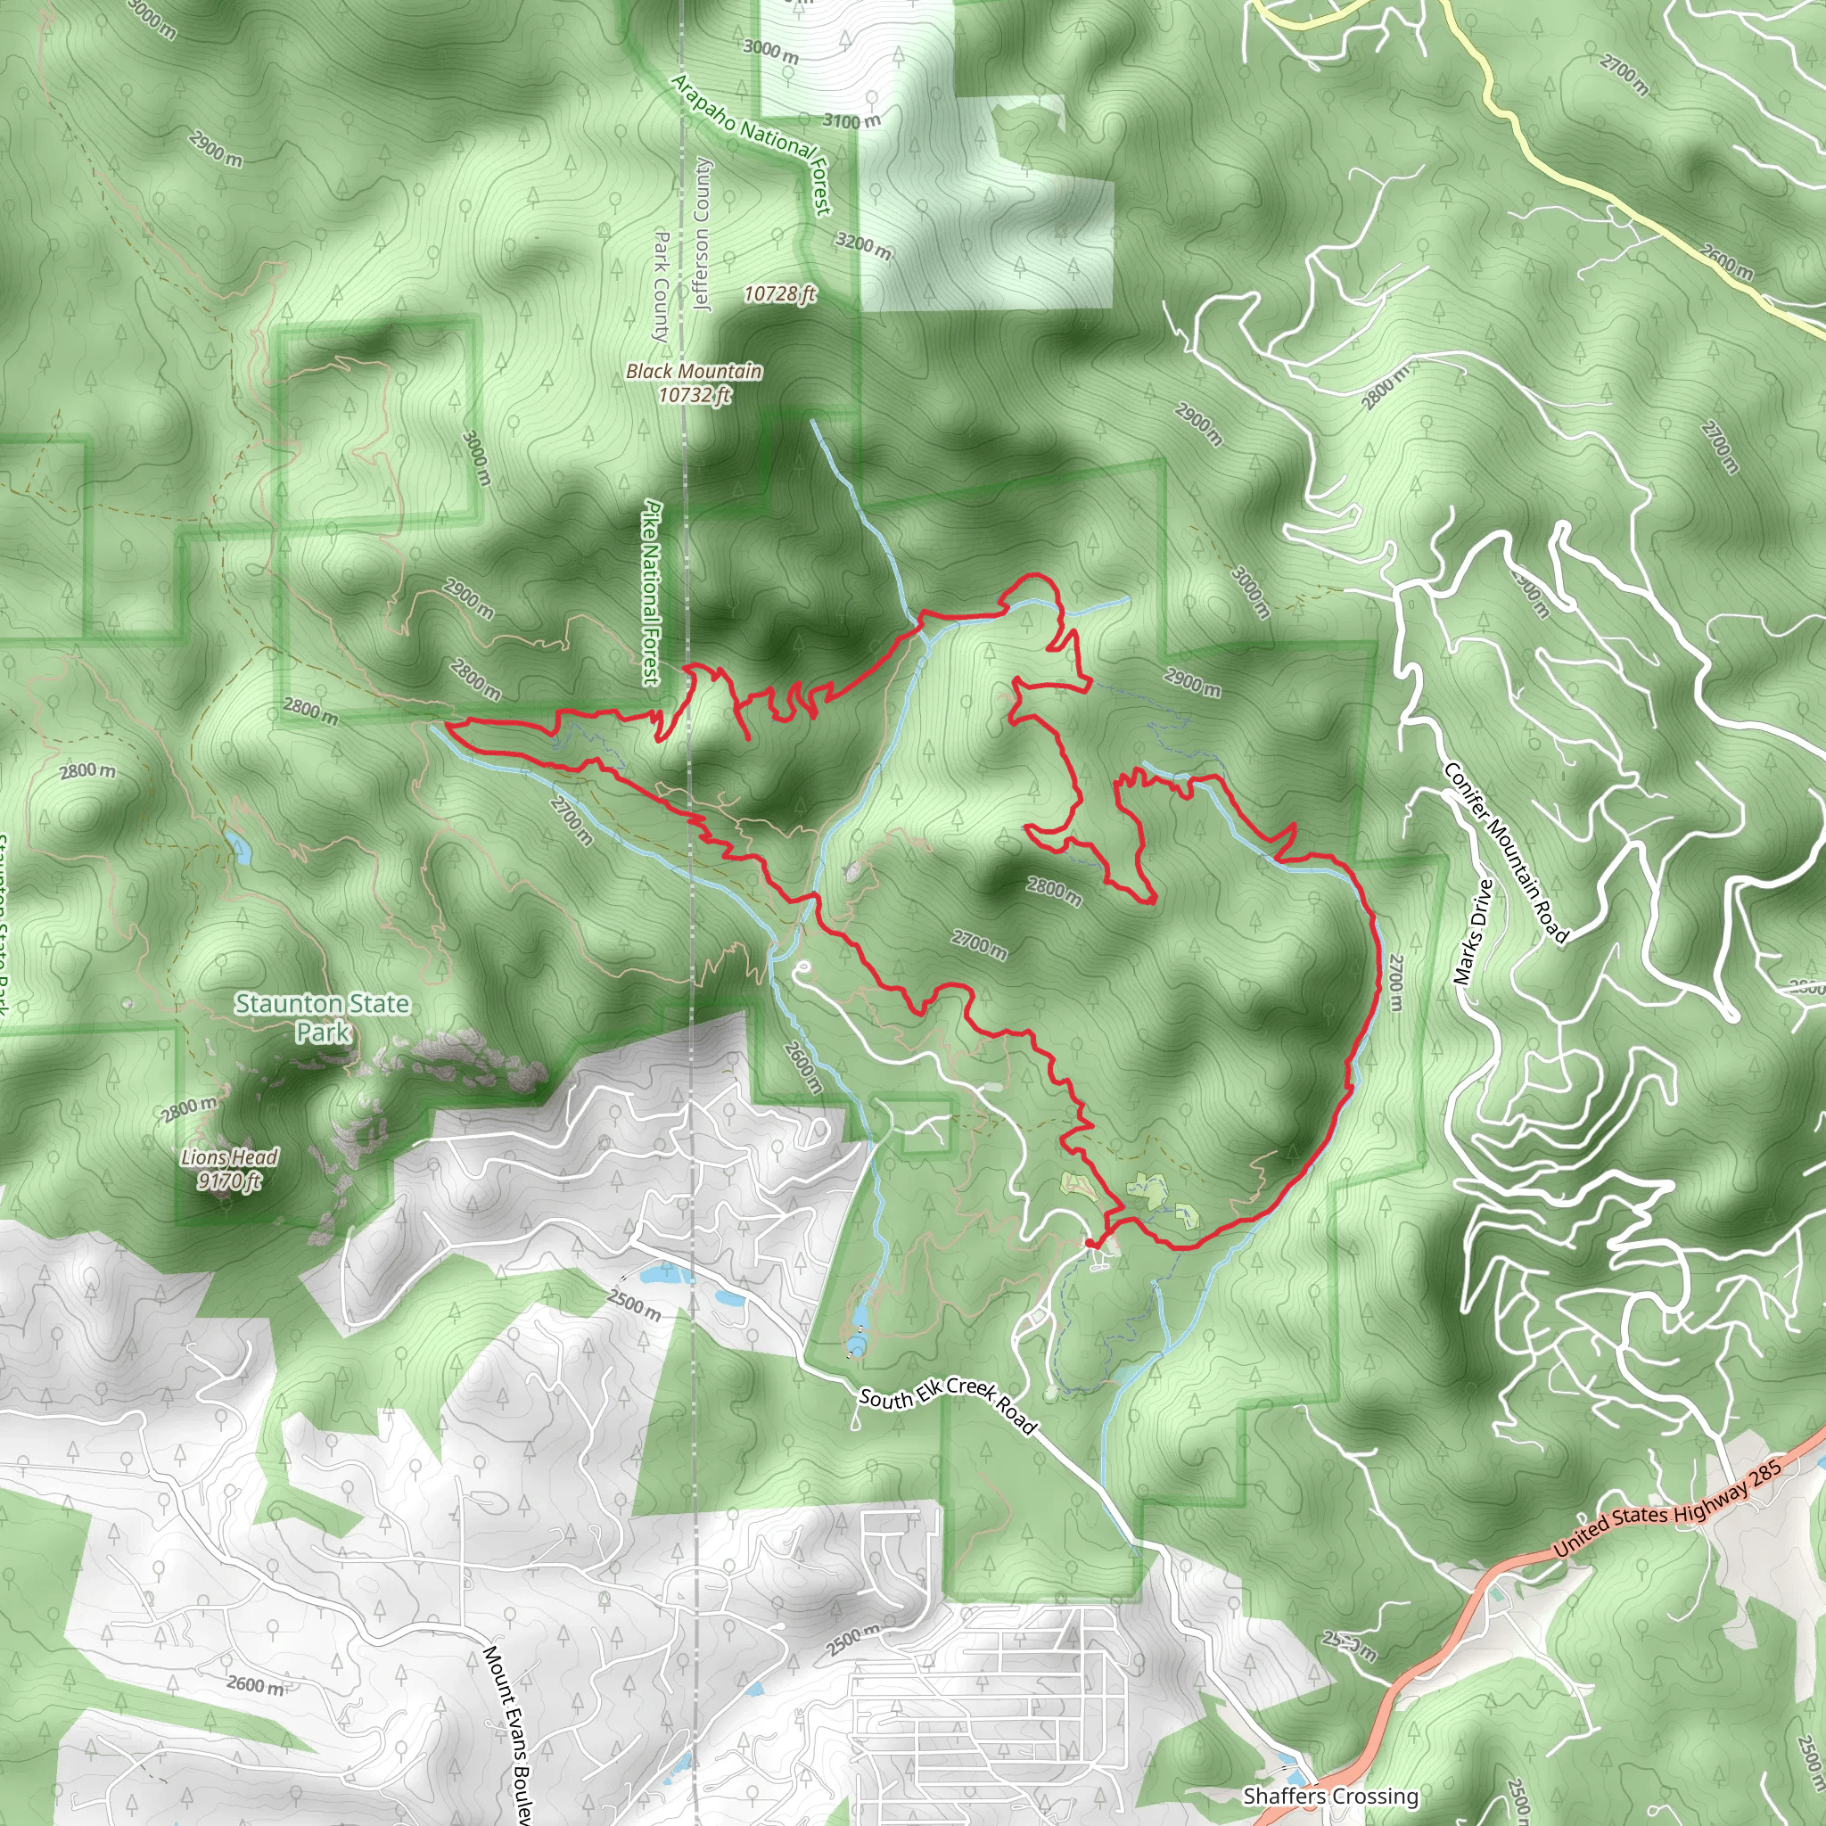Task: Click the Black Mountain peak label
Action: (694, 372)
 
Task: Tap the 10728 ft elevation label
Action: (778, 294)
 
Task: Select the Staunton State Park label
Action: (322, 1017)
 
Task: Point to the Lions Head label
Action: (230, 1156)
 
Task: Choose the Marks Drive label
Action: (1474, 932)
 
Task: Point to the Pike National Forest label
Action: (651, 593)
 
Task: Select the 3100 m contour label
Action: (851, 121)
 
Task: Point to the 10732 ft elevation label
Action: (695, 395)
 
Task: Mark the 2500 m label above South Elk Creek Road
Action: (633, 1305)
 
